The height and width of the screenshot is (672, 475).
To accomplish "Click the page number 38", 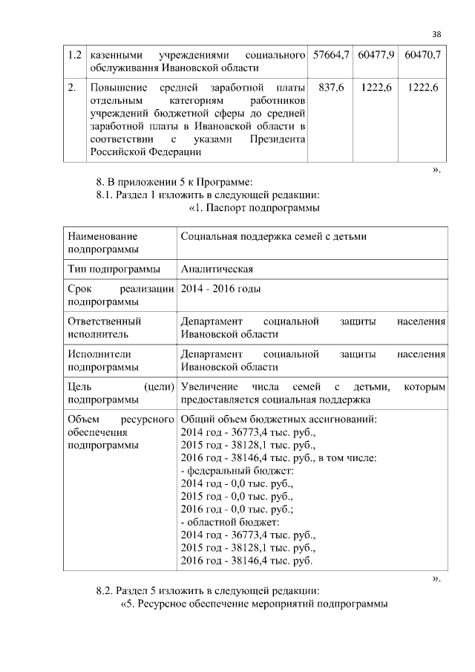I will tap(436, 34).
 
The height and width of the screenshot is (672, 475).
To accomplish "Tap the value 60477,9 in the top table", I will tap(376, 56).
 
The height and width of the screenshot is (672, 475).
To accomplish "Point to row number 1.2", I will tap(73, 56).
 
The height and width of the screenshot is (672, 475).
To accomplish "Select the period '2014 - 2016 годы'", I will tap(220, 289).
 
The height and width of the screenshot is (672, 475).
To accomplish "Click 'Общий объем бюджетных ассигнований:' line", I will tap(279, 419).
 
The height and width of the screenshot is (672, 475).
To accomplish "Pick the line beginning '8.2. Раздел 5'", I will tap(208, 591).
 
